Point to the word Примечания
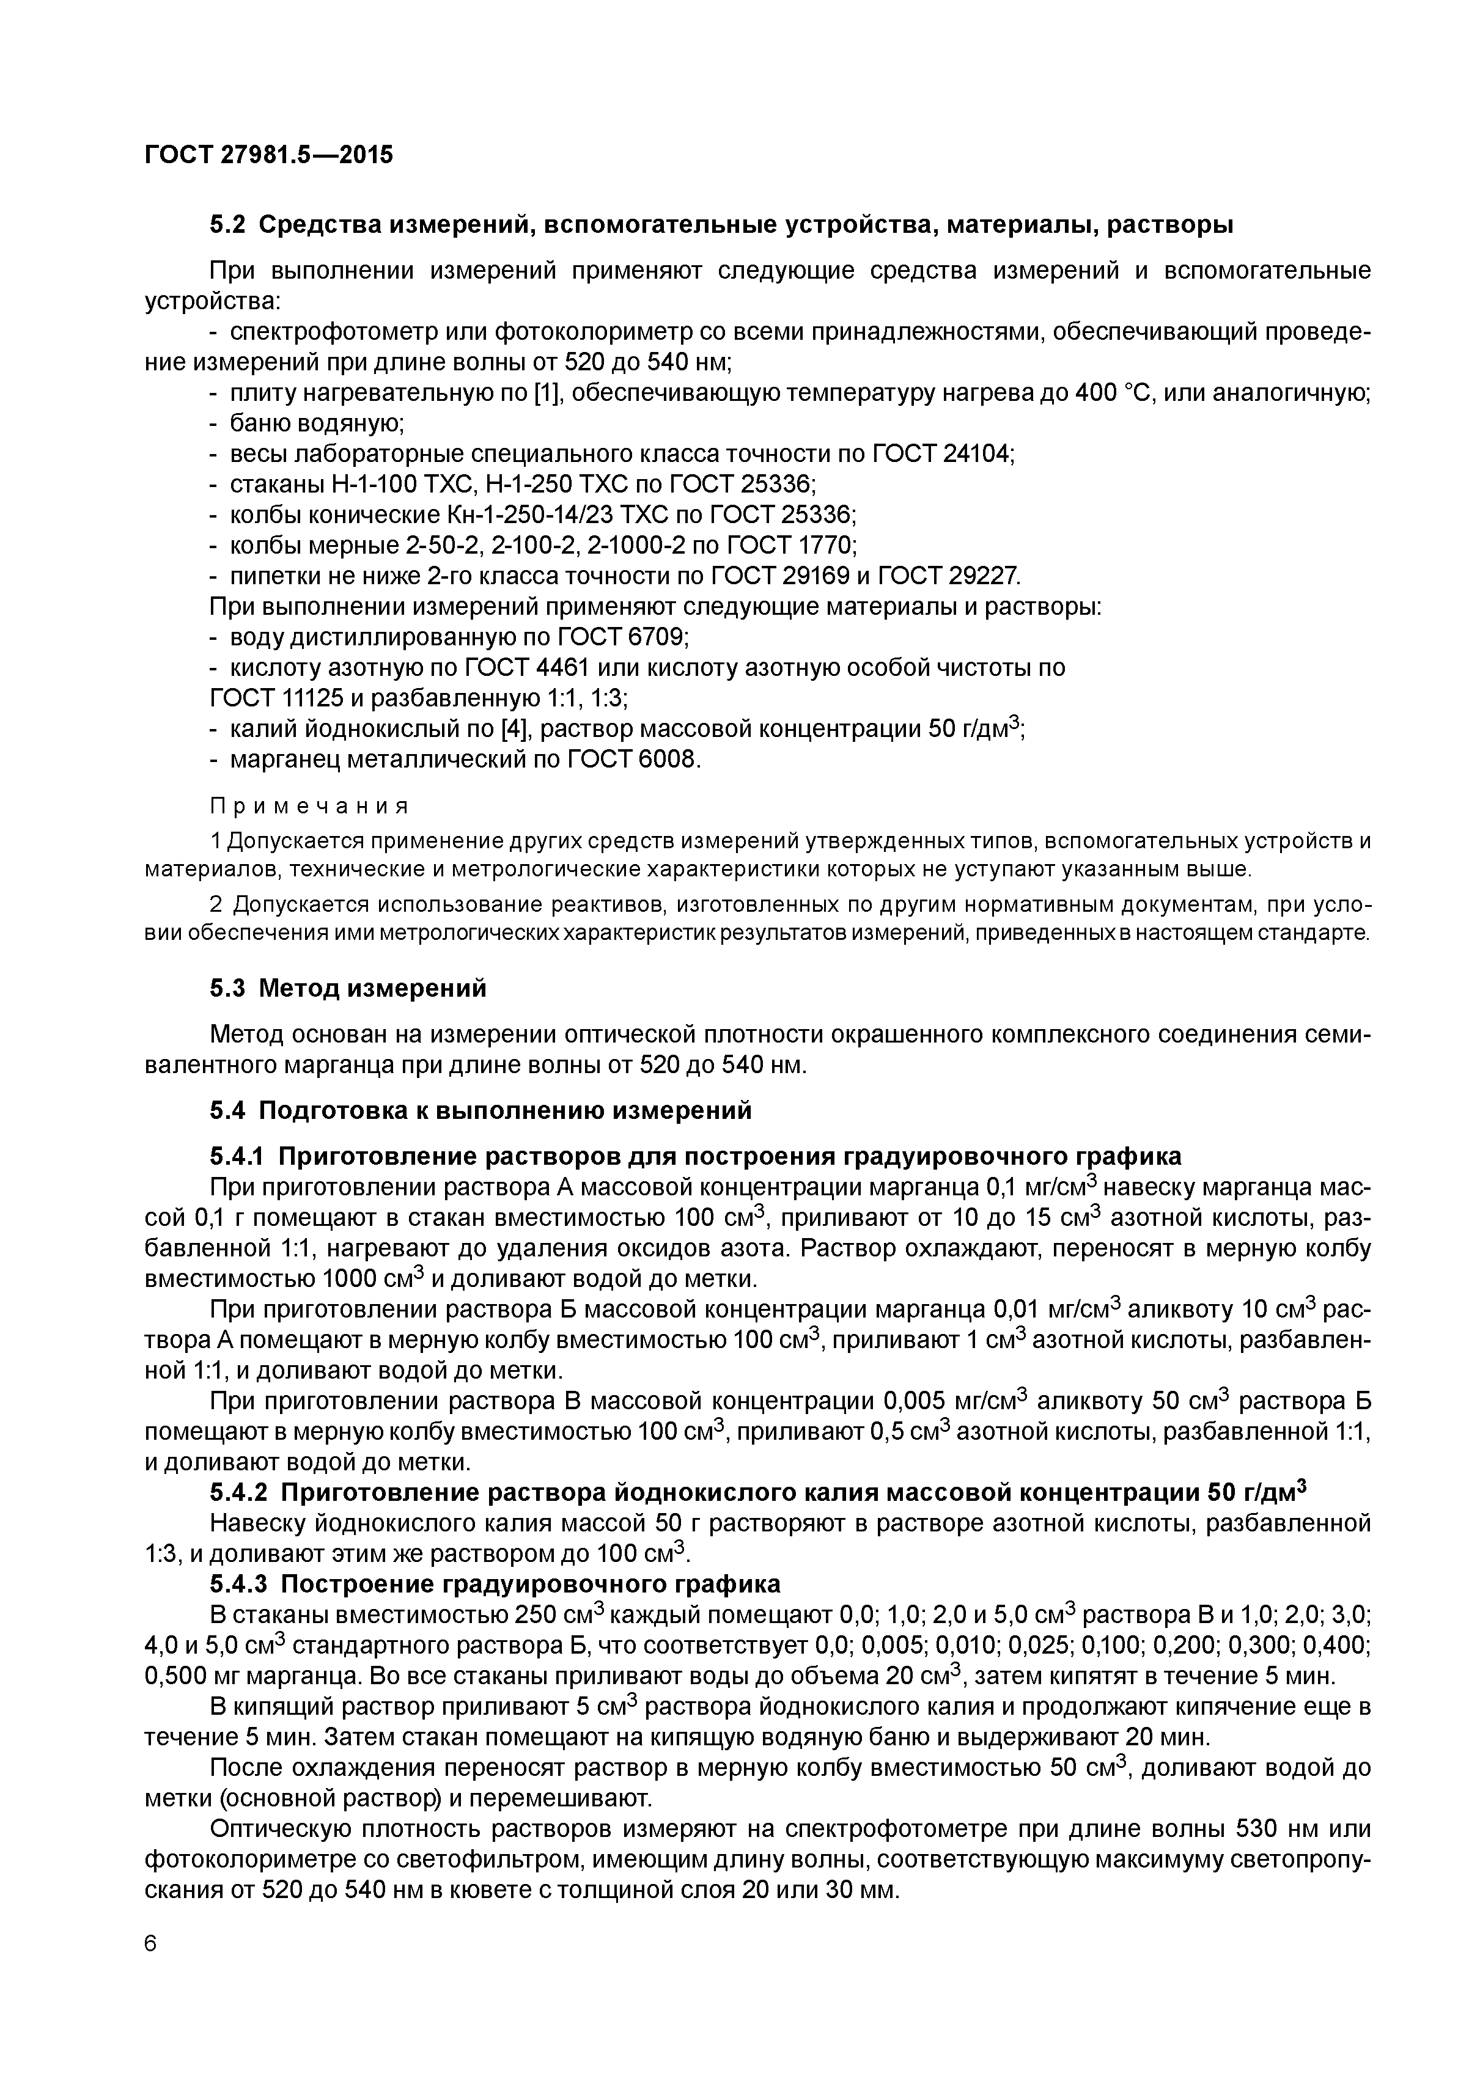tap(309, 806)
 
